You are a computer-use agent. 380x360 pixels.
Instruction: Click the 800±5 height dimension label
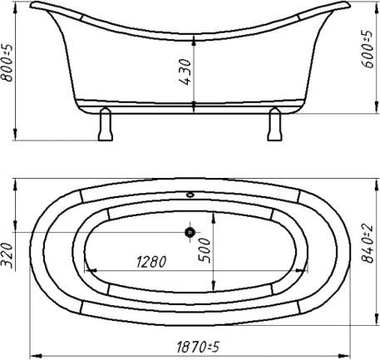[7, 62]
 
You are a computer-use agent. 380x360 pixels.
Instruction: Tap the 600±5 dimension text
[368, 49]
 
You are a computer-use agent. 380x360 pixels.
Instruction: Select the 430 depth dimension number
[185, 72]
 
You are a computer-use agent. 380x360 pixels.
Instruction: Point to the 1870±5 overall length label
[198, 347]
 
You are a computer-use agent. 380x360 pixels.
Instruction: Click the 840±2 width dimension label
[368, 243]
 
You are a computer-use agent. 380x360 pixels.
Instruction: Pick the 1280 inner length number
[151, 261]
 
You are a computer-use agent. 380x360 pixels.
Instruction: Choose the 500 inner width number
[205, 250]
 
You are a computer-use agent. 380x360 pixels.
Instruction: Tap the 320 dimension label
[7, 255]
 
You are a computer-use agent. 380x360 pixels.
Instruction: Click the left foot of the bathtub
[106, 124]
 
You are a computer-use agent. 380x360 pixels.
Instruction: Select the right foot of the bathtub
[274, 124]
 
